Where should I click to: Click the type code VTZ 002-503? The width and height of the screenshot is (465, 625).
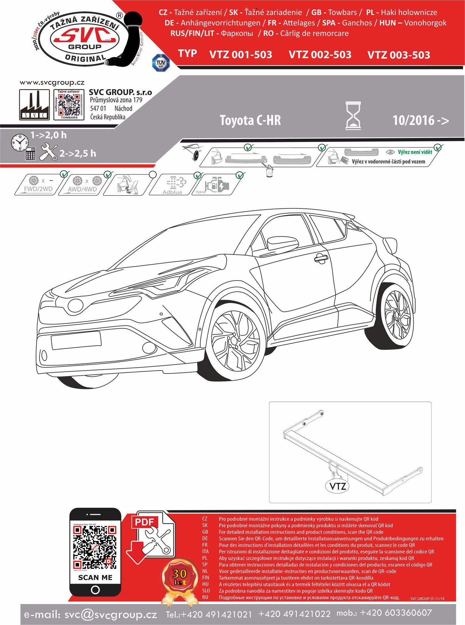pos(320,55)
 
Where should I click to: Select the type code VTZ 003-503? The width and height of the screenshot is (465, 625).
pos(399,55)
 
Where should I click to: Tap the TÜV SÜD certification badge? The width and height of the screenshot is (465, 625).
pos(161,63)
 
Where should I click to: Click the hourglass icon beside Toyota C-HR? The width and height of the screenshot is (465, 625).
pos(353,116)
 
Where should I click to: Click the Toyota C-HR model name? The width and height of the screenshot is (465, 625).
pos(250,120)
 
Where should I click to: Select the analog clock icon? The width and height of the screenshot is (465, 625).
pos(20,142)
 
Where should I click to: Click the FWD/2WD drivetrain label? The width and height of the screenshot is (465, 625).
pos(38,189)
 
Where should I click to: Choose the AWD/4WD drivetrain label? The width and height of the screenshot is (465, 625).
pos(82,189)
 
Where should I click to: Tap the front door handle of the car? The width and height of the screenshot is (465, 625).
pos(321,258)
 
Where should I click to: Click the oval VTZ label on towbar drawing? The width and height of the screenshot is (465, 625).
pos(338,486)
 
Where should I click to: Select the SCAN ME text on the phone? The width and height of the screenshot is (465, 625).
pos(95,577)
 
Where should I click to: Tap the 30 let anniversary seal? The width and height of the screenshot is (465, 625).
pos(180,576)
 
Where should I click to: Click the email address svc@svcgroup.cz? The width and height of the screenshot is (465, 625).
pos(110,615)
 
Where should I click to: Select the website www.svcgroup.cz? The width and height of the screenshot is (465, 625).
pos(52,83)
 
